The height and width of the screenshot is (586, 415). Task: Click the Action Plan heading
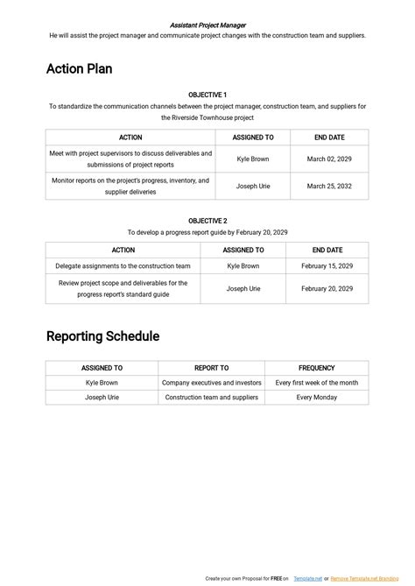(x=79, y=68)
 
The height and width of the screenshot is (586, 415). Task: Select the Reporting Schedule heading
(x=102, y=336)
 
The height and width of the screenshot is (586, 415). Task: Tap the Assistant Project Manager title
(x=207, y=25)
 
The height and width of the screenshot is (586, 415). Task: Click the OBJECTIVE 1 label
(x=207, y=95)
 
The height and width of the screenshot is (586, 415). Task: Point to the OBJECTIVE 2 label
(x=207, y=221)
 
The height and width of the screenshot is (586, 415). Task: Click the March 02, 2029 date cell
(x=329, y=159)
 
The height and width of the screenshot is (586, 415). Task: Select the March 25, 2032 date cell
(x=329, y=186)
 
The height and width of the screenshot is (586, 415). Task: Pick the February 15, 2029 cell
(x=327, y=265)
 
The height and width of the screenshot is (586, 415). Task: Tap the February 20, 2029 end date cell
(x=327, y=288)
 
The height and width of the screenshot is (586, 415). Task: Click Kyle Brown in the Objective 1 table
(x=253, y=159)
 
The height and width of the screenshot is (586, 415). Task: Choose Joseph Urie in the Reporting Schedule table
(x=102, y=397)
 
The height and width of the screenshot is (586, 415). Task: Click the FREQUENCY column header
(x=316, y=369)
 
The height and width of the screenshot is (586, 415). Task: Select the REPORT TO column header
(x=211, y=369)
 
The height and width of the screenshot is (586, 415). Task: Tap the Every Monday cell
(x=316, y=397)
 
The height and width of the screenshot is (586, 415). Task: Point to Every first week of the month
(x=316, y=383)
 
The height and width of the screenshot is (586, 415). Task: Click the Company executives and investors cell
(x=211, y=383)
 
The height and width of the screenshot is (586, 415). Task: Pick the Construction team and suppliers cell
(x=211, y=397)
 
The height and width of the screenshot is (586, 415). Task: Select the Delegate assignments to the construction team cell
(x=123, y=265)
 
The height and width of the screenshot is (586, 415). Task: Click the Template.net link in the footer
(x=308, y=579)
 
